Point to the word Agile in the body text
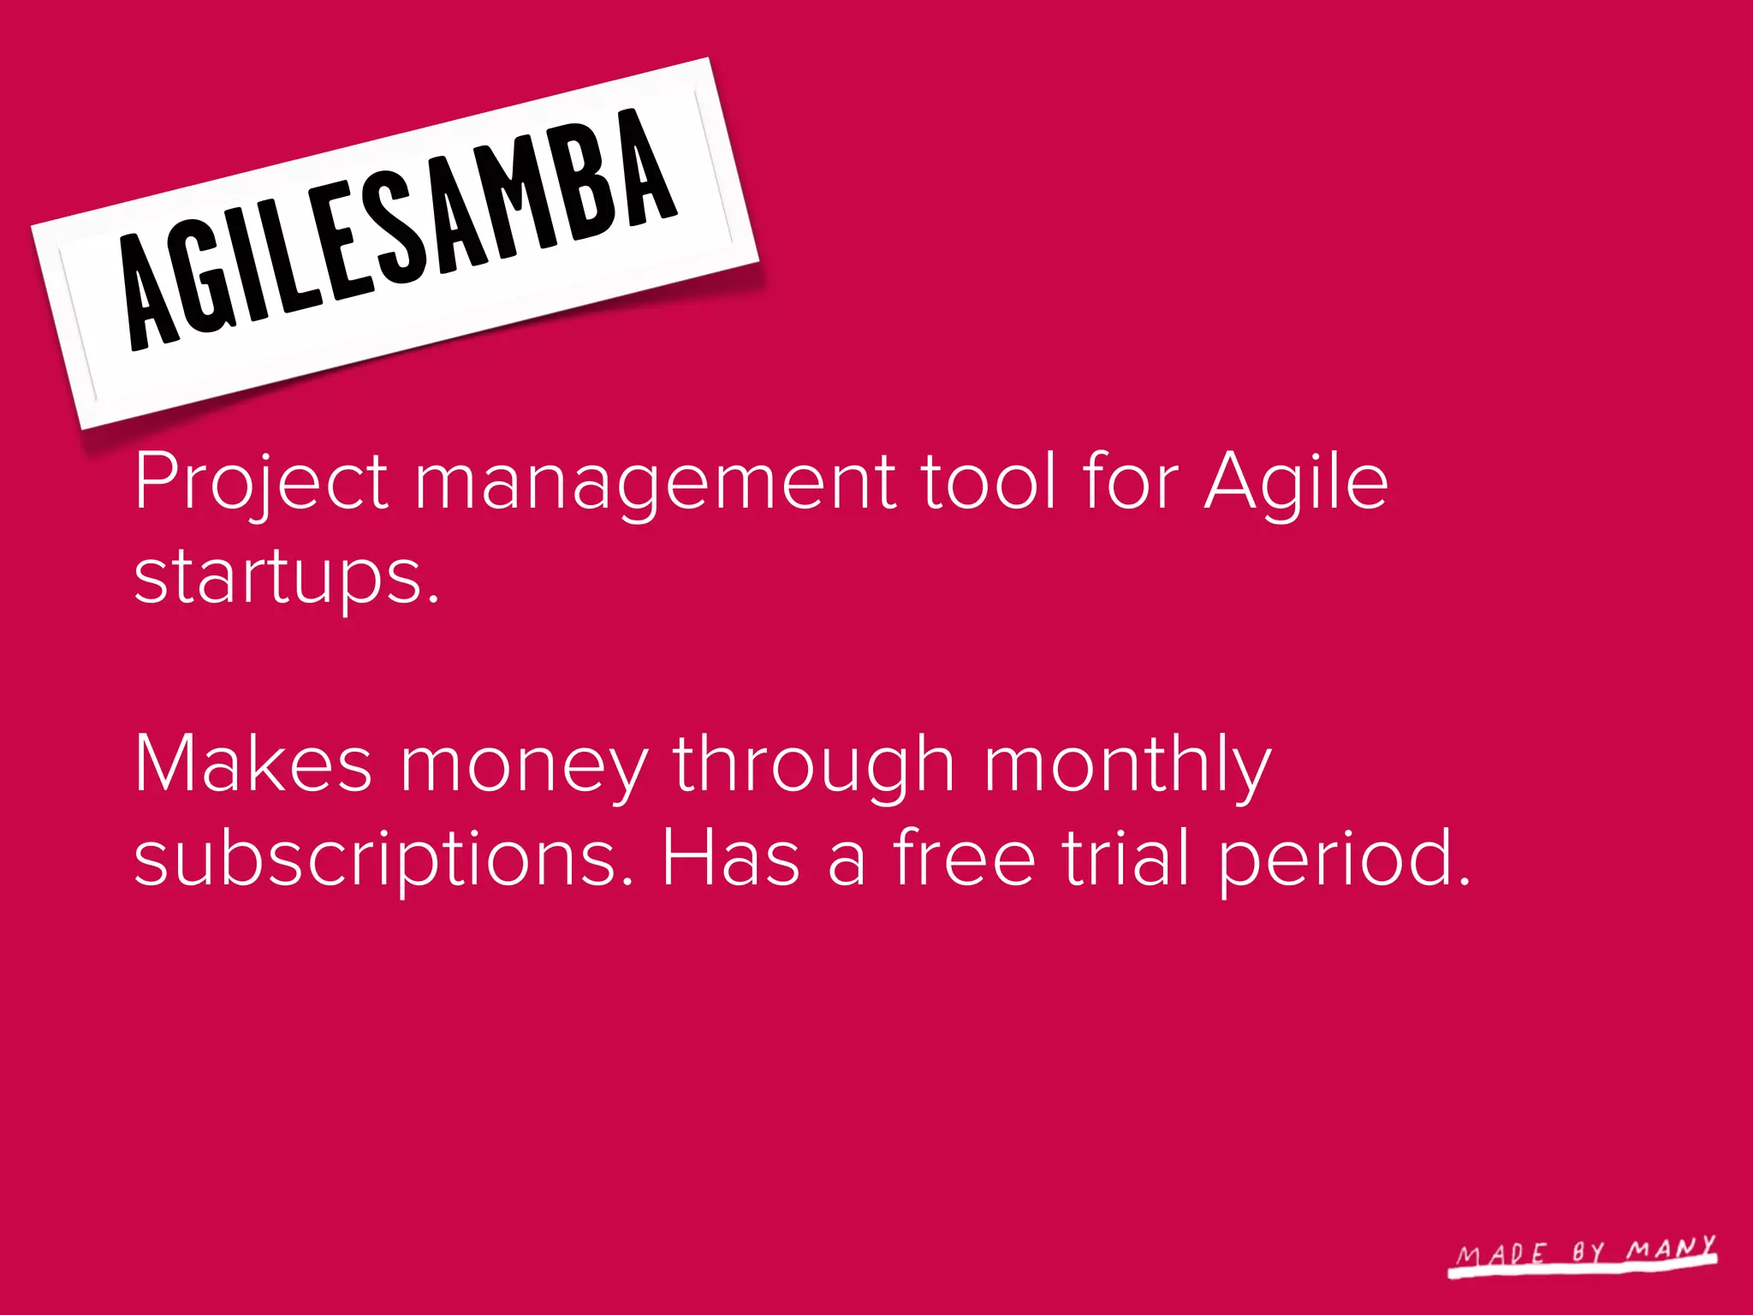pyautogui.click(x=1296, y=482)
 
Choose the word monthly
pyautogui.click(x=1126, y=765)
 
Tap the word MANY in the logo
pyautogui.click(x=1671, y=1249)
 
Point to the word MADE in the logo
pyautogui.click(x=1502, y=1255)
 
